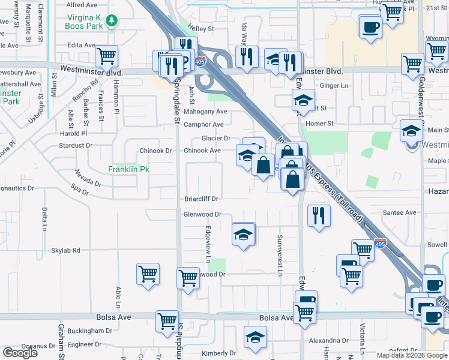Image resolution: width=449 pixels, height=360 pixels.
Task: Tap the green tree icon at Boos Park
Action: click(x=111, y=22)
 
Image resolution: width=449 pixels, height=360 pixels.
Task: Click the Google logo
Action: click(x=20, y=353)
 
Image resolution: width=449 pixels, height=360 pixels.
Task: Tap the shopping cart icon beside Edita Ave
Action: click(x=106, y=56)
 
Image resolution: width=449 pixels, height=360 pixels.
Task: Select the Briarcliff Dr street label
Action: click(x=201, y=199)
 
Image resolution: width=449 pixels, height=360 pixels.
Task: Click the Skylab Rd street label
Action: click(x=65, y=250)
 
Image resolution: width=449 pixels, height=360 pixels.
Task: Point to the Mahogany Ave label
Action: click(x=205, y=112)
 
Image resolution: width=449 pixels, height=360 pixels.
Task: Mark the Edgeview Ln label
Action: click(x=208, y=244)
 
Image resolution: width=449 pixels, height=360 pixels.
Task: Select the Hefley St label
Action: click(x=200, y=28)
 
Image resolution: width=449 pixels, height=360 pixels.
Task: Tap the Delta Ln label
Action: click(x=44, y=219)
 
